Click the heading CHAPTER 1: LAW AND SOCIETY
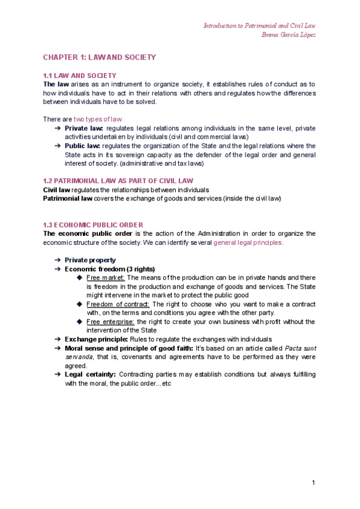99,58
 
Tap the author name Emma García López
289,34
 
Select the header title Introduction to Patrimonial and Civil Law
259,26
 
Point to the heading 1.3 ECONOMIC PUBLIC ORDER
93,224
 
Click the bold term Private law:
84,128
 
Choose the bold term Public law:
83,146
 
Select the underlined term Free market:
106,277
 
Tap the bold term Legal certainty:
91,375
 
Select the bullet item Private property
90,260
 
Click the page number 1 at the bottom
313,483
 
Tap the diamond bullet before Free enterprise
80,322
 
